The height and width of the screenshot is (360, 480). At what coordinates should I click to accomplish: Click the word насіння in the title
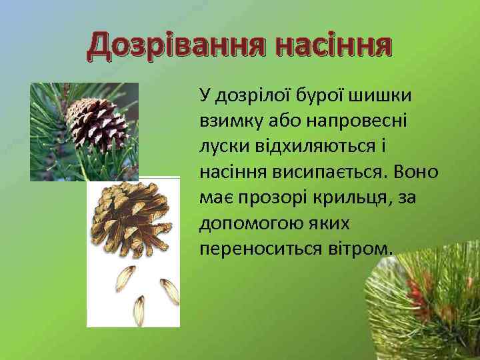[x=333, y=45]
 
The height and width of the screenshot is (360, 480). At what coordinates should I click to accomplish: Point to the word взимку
[x=229, y=121]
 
